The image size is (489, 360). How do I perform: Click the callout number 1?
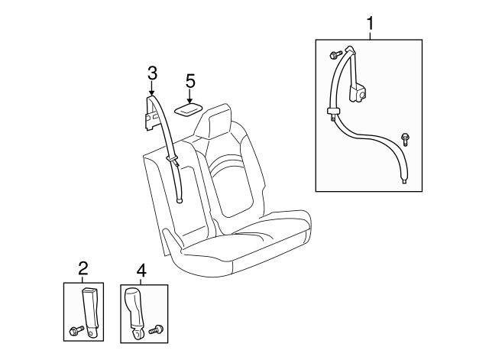pos(371,23)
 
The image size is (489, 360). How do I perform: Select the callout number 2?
pos(83,268)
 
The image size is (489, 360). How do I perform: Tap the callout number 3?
pos(152,73)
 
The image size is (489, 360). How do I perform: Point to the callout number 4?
pos(141,269)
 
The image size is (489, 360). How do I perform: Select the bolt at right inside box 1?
pos(404,139)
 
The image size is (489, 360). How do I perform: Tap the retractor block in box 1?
pos(360,92)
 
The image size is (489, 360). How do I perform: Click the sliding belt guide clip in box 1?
pos(334,113)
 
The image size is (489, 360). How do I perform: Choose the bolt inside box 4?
pos(157,329)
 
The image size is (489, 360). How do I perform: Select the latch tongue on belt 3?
pos(172,158)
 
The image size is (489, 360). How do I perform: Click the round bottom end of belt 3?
pos(180,201)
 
